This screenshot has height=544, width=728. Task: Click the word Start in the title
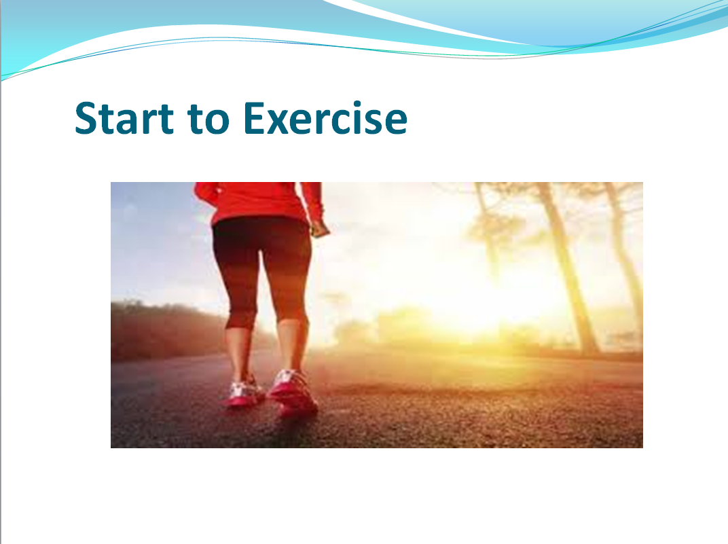pos(124,118)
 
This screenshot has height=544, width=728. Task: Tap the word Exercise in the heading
pos(325,118)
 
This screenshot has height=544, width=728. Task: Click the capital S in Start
pos(87,118)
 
